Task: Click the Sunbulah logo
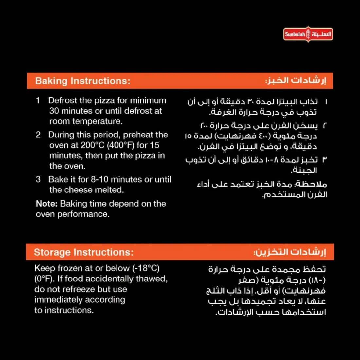308,34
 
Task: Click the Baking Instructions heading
82,81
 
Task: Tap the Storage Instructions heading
83,252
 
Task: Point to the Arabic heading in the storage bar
290,252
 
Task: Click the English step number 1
38,100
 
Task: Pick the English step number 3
38,179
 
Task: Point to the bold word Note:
47,204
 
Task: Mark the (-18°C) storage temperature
146,268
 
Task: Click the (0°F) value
45,279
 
